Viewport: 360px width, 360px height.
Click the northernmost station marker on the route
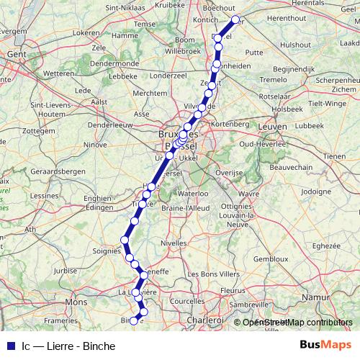(x=235, y=19)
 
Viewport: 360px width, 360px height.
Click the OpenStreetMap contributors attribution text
(x=296, y=323)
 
